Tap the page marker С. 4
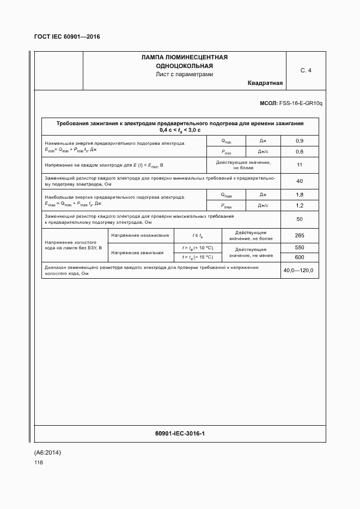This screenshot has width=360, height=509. [306, 70]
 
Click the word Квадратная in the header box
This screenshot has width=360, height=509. [265, 83]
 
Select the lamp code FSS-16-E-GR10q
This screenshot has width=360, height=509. [301, 103]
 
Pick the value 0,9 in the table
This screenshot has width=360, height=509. [299, 141]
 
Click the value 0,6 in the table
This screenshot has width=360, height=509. [299, 151]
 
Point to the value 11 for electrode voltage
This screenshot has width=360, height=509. [299, 164]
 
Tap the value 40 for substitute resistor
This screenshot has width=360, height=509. [299, 181]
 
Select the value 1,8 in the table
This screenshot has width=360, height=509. [299, 195]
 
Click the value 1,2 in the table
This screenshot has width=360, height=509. [299, 206]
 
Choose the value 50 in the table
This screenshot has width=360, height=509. [299, 219]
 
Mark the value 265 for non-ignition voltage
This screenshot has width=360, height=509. [299, 235]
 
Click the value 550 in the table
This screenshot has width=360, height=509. [299, 248]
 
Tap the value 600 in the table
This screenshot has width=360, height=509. [299, 257]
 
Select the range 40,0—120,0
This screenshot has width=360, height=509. [298, 271]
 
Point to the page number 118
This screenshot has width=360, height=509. [38, 463]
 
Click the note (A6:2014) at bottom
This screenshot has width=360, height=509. [48, 452]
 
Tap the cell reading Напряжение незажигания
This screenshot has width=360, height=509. [139, 235]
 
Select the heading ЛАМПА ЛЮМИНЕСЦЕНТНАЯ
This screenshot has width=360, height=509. [184, 57]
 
